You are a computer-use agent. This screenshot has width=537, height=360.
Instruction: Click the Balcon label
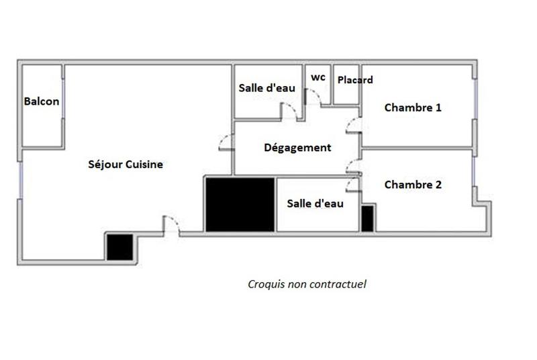[41, 102]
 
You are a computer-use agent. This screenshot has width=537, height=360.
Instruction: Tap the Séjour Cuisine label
[126, 165]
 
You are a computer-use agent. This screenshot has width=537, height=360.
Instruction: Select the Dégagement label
[297, 148]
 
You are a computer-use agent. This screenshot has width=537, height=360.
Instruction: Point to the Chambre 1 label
[412, 107]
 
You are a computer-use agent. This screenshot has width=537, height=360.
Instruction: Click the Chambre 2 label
[412, 185]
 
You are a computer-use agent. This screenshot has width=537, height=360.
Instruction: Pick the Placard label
[355, 80]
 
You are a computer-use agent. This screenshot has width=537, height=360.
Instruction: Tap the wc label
[318, 77]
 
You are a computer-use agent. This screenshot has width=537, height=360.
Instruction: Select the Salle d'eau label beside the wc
[267, 88]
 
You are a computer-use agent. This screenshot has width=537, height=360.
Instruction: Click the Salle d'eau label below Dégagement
[315, 204]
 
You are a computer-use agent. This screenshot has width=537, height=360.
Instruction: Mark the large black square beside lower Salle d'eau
[240, 205]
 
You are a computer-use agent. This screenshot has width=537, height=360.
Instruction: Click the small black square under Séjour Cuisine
[119, 246]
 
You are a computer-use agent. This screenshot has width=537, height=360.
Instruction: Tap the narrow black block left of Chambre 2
[367, 219]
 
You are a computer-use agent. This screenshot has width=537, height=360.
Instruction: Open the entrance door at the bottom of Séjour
[171, 226]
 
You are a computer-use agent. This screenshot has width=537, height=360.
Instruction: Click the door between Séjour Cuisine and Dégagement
[226, 142]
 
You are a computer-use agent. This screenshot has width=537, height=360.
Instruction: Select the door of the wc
[313, 96]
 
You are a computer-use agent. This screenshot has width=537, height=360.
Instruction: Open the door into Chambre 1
[354, 125]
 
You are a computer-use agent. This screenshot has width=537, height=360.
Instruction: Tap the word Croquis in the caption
[265, 284]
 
